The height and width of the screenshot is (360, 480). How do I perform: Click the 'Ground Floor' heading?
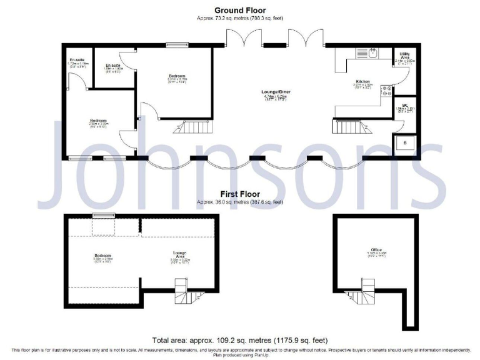click(x=240, y=10)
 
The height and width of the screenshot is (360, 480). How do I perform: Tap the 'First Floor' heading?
click(x=240, y=194)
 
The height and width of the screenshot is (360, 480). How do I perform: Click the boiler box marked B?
click(x=404, y=143)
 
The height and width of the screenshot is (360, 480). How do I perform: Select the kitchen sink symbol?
click(x=372, y=52)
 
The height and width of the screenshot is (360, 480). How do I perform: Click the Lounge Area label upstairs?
click(x=180, y=254)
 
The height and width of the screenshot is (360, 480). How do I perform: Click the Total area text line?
click(x=240, y=341)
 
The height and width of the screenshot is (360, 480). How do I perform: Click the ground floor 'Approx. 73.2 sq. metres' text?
click(x=240, y=19)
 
